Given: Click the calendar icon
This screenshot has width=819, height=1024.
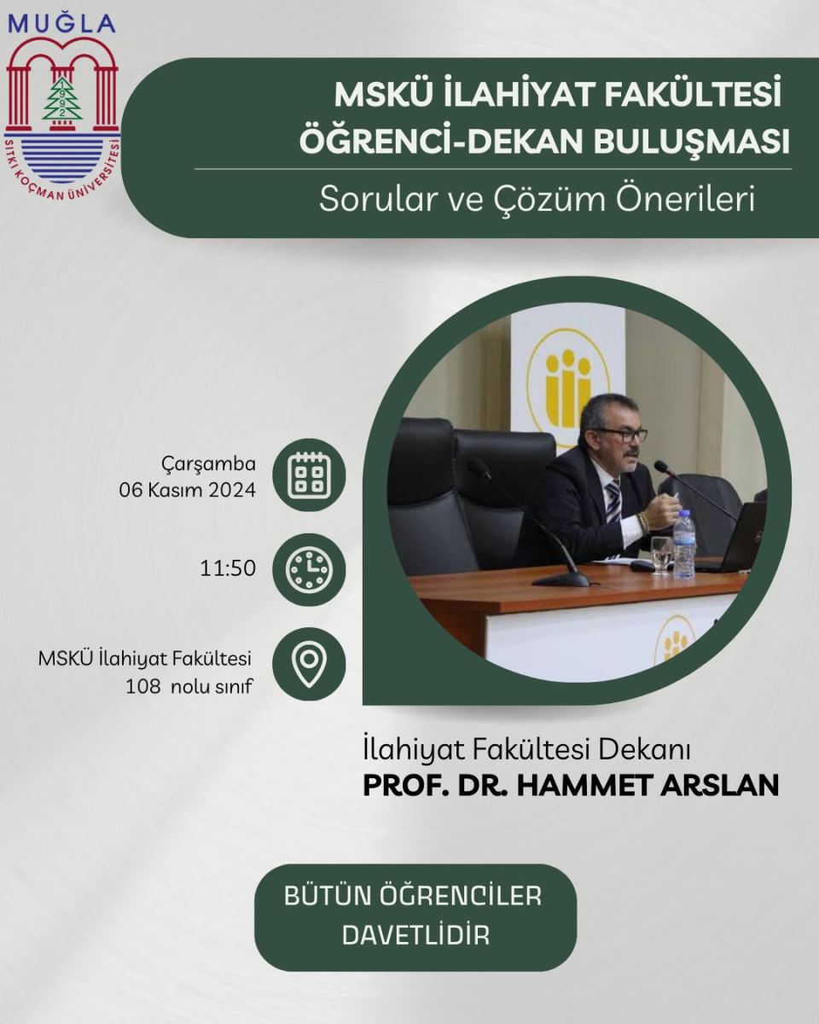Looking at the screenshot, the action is (x=309, y=475).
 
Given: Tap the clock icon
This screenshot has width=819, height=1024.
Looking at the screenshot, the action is (x=309, y=569).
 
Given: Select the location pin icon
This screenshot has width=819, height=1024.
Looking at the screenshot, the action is (x=309, y=662).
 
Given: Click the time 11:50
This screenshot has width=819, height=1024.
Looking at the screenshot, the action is (x=228, y=568).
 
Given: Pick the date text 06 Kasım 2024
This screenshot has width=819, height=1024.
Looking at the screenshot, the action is (x=188, y=490).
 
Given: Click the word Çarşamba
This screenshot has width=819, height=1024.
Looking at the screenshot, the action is (x=209, y=464).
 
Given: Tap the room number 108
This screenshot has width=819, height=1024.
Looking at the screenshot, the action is (x=143, y=687).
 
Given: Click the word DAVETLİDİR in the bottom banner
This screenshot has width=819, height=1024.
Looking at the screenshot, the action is (x=415, y=934).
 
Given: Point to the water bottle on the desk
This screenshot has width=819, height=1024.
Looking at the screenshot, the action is (x=683, y=544).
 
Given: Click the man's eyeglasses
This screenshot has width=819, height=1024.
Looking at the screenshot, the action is (x=624, y=434).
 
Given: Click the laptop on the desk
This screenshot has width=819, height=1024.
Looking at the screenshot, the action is (x=735, y=538).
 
